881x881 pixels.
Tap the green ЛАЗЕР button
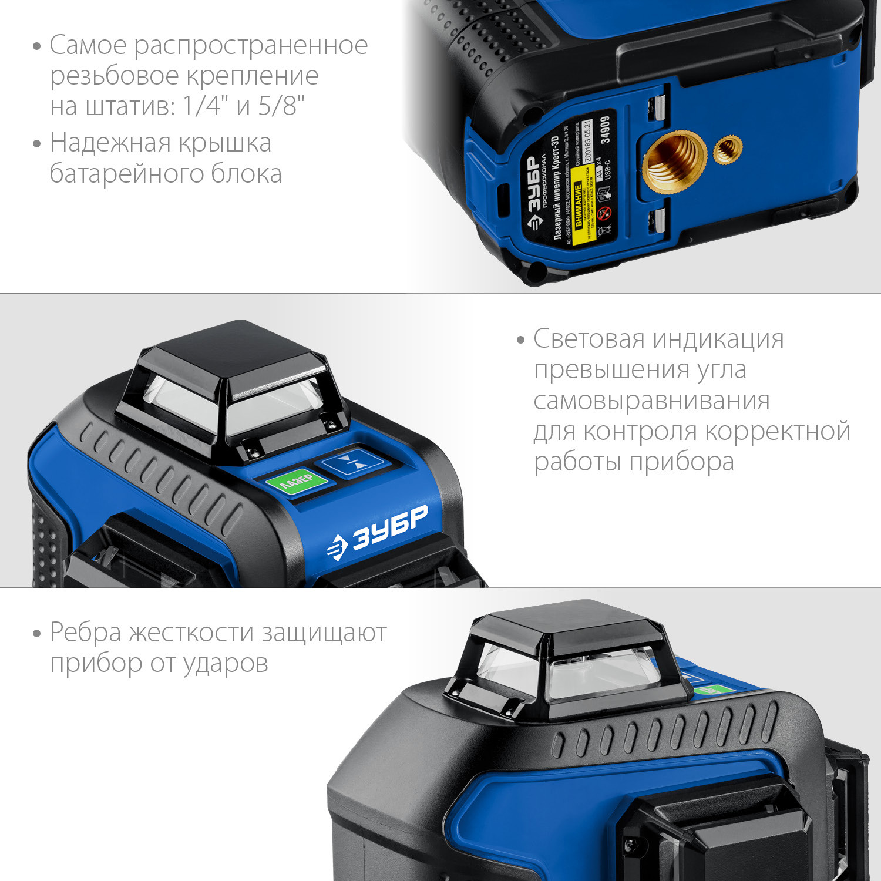point(297,482)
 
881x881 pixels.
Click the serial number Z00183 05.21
point(588,143)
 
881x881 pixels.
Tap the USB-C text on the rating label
point(607,170)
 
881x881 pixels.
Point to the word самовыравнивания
point(651,401)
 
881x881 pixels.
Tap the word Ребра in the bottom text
point(85,633)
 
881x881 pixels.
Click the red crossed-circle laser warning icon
point(606,213)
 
